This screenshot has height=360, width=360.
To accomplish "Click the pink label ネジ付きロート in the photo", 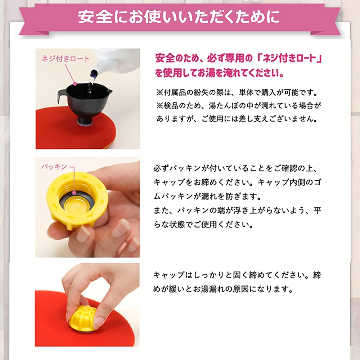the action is pos(65,59).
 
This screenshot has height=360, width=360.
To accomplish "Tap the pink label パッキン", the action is pos(54,166).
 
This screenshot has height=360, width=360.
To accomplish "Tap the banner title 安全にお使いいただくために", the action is pos(179,17).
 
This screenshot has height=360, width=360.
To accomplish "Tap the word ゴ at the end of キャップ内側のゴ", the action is pos(317,182).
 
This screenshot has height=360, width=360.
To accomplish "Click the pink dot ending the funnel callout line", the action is pos(75,84).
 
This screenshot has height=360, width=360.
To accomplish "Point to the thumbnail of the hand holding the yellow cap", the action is pos(87,207).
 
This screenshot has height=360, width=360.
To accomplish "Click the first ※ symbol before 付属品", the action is pos(159,93).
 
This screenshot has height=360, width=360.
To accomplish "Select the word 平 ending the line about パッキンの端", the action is pos(317,210).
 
